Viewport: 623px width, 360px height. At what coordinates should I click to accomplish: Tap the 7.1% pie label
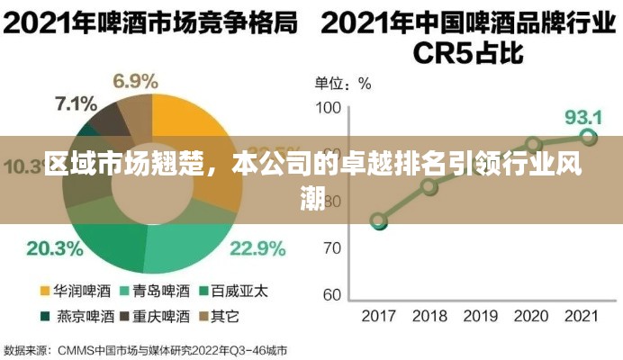tap(76, 103)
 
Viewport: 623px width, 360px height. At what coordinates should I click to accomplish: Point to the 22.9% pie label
tap(257, 247)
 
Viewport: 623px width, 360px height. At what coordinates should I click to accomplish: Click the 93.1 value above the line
tap(582, 117)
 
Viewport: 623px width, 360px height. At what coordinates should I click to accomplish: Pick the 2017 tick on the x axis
tap(379, 315)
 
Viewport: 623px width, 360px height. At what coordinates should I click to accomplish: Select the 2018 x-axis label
tap(429, 315)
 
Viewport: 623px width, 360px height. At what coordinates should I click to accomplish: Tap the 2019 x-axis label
tap(481, 315)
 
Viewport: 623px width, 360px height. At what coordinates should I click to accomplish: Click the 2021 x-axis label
tap(582, 315)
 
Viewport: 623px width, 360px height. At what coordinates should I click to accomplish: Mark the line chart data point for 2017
tap(379, 221)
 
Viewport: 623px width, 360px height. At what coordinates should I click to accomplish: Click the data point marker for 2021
tap(588, 138)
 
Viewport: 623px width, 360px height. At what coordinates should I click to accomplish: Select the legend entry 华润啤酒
tap(77, 291)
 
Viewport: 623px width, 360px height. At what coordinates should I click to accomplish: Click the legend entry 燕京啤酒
tap(77, 316)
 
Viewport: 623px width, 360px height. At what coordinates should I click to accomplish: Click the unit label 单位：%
tap(343, 84)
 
